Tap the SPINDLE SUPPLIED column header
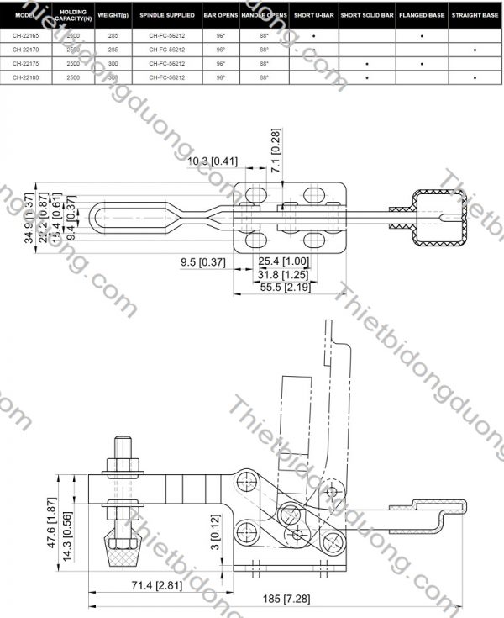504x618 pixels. (167, 16)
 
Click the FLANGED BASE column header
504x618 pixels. (421, 16)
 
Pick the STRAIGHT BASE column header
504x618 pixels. (475, 16)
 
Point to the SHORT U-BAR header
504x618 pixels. (314, 16)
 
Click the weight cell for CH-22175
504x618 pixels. (113, 64)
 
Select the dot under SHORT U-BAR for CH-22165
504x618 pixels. (313, 37)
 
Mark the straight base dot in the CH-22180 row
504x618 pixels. (475, 77)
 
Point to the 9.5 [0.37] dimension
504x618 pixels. (203, 261)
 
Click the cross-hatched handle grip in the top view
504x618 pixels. (439, 219)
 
